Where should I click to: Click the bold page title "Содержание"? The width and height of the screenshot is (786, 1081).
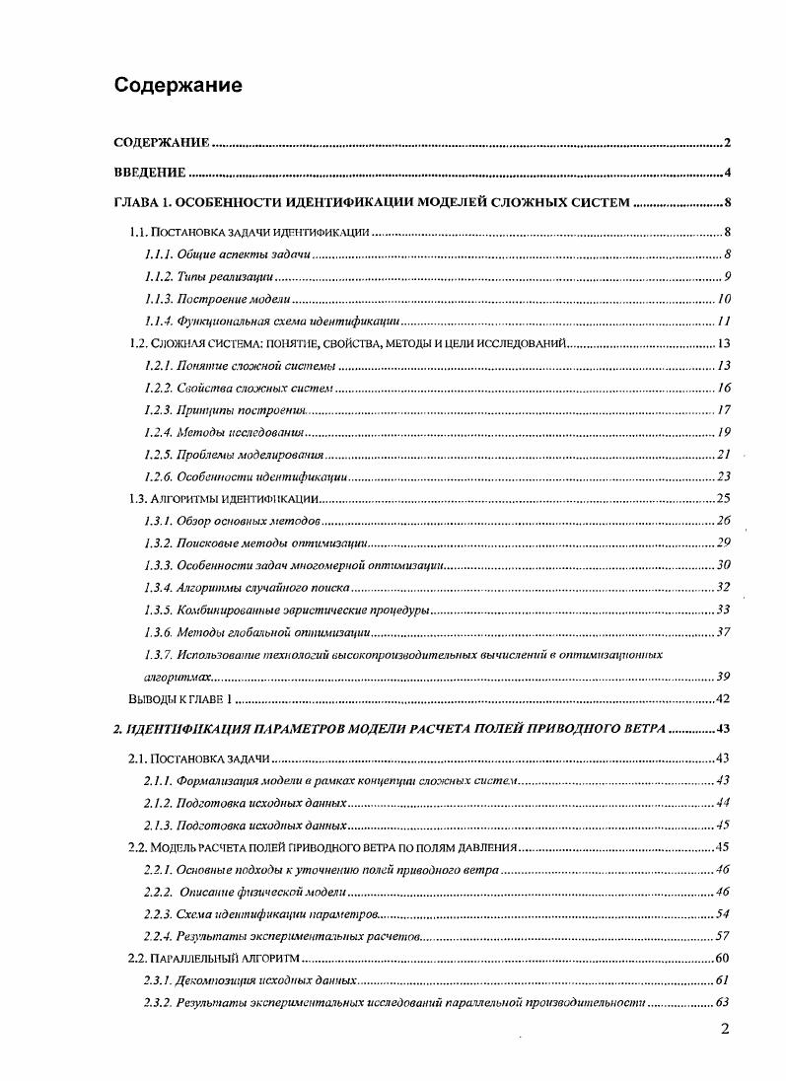(x=178, y=85)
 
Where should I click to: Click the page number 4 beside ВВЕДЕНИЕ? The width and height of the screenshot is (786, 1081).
(x=726, y=174)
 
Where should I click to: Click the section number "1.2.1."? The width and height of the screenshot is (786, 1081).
(x=158, y=366)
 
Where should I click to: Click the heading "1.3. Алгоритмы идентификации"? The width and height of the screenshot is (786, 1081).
(x=223, y=498)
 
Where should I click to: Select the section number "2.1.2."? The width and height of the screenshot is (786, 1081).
(x=158, y=803)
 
